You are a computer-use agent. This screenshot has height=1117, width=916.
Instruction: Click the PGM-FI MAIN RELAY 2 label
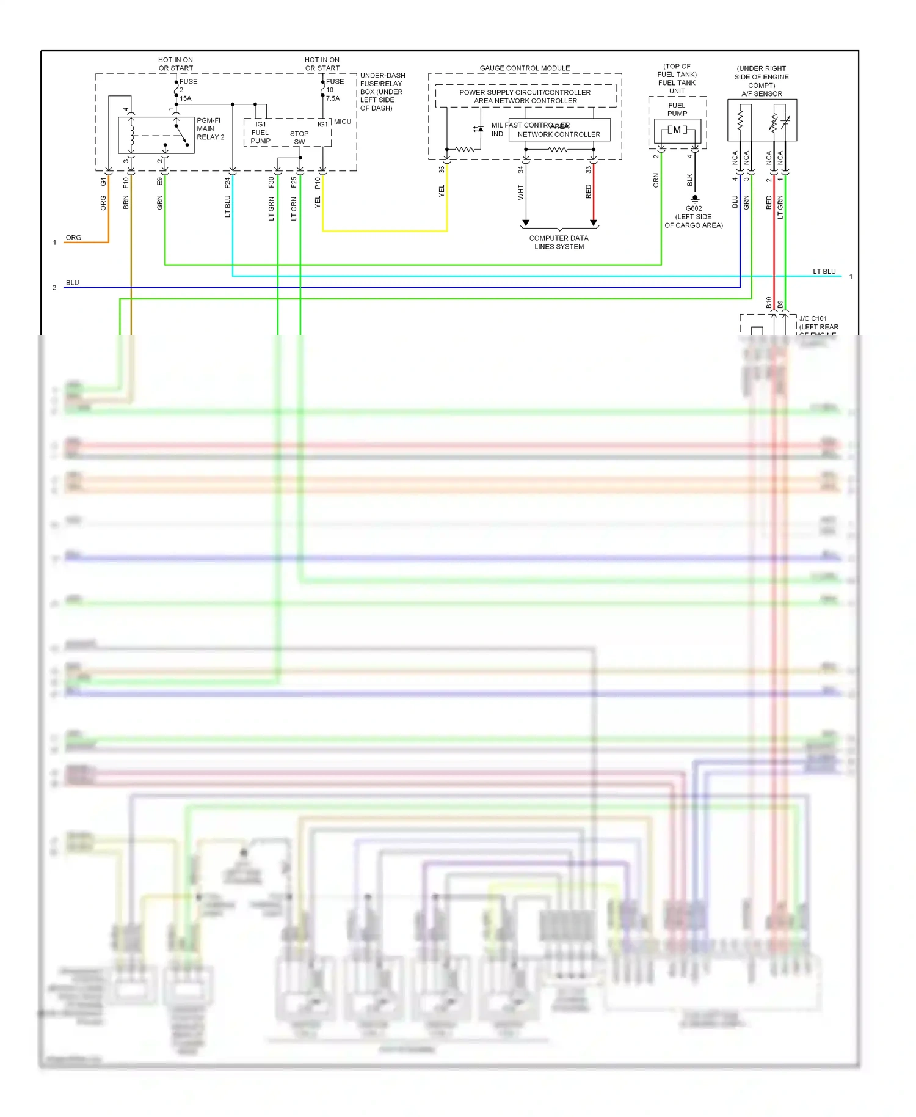[210, 129]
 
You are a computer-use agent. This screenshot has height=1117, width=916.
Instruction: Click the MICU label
[343, 122]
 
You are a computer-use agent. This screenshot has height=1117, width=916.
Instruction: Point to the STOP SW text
[299, 137]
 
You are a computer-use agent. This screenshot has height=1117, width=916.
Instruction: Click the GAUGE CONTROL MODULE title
[525, 68]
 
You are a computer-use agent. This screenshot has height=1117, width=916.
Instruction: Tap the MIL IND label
[497, 130]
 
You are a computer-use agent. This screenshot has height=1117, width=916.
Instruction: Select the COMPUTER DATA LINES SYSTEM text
[559, 243]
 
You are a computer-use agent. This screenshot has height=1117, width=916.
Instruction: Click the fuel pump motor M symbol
[677, 130]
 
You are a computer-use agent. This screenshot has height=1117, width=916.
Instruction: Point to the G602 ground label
[694, 208]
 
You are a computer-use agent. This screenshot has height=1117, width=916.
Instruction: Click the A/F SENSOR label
[762, 93]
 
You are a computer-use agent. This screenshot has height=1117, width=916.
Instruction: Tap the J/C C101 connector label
[813, 318]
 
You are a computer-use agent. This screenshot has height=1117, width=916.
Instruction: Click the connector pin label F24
[228, 182]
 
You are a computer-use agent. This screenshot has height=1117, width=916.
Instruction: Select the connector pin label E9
[160, 181]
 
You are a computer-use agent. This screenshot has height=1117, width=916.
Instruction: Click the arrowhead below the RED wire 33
[593, 223]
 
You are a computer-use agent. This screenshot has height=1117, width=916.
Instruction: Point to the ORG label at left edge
[73, 238]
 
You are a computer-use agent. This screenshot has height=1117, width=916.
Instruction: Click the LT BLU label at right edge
[824, 271]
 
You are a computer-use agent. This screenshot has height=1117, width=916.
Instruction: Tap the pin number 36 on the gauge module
[442, 170]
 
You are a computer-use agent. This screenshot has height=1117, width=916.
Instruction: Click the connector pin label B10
[769, 302]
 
